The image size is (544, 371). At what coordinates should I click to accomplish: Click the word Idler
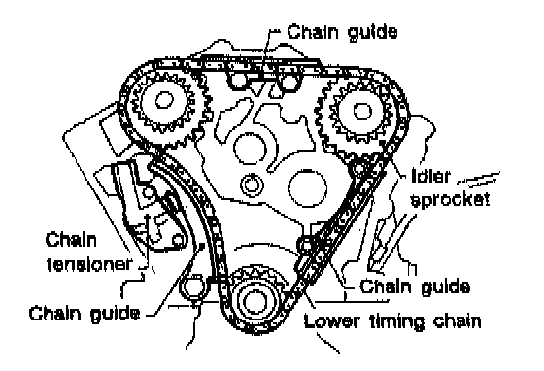tap(430, 176)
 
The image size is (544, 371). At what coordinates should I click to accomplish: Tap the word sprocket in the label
tap(450, 200)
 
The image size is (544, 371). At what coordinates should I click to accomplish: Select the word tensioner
tap(89, 264)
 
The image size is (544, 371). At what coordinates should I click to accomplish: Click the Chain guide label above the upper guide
tap(342, 32)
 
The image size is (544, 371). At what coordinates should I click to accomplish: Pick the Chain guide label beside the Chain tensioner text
tap(85, 314)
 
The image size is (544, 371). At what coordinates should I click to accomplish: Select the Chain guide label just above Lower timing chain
tap(415, 287)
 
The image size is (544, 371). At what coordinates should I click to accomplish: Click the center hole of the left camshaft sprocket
tap(164, 100)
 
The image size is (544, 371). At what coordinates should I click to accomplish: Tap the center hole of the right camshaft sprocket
tap(363, 112)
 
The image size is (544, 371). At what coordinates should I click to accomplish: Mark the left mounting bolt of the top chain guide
tap(239, 80)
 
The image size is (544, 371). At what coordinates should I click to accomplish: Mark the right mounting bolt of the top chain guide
tap(288, 82)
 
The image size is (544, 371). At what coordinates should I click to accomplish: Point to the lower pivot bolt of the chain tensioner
tap(178, 240)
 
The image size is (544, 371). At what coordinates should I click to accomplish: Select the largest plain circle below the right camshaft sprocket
tap(307, 187)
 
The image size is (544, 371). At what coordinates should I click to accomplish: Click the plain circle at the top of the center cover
tap(251, 148)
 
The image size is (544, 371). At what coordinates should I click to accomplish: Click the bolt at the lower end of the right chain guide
tap(306, 245)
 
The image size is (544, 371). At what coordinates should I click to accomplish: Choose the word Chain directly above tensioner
tap(71, 240)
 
